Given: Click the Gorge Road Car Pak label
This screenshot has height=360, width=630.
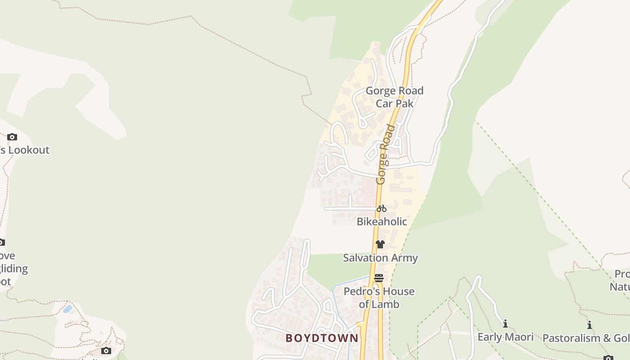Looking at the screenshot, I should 394,97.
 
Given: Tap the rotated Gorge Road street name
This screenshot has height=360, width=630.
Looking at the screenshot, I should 386,154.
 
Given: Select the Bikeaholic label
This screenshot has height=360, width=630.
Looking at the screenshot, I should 382,221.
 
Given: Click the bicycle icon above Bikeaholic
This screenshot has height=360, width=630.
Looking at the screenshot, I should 382,208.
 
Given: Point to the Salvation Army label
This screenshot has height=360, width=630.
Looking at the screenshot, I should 380,258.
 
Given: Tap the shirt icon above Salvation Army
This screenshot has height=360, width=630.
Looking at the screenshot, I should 380,244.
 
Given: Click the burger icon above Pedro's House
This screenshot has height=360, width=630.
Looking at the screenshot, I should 379,278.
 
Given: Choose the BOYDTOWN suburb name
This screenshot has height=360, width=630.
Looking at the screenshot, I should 322,338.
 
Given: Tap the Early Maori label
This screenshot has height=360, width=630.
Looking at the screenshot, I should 505,337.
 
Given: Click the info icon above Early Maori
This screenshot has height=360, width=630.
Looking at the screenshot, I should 505,324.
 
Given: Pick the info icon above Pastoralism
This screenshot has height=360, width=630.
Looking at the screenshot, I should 589,325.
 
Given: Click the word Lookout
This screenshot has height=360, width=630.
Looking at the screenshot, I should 29,150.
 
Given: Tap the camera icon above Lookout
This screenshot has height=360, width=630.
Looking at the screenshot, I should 12,137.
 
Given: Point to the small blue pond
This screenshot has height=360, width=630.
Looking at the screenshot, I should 67,309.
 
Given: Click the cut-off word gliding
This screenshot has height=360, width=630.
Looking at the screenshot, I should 13,269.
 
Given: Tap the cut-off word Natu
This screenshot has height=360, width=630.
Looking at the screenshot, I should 620,287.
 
